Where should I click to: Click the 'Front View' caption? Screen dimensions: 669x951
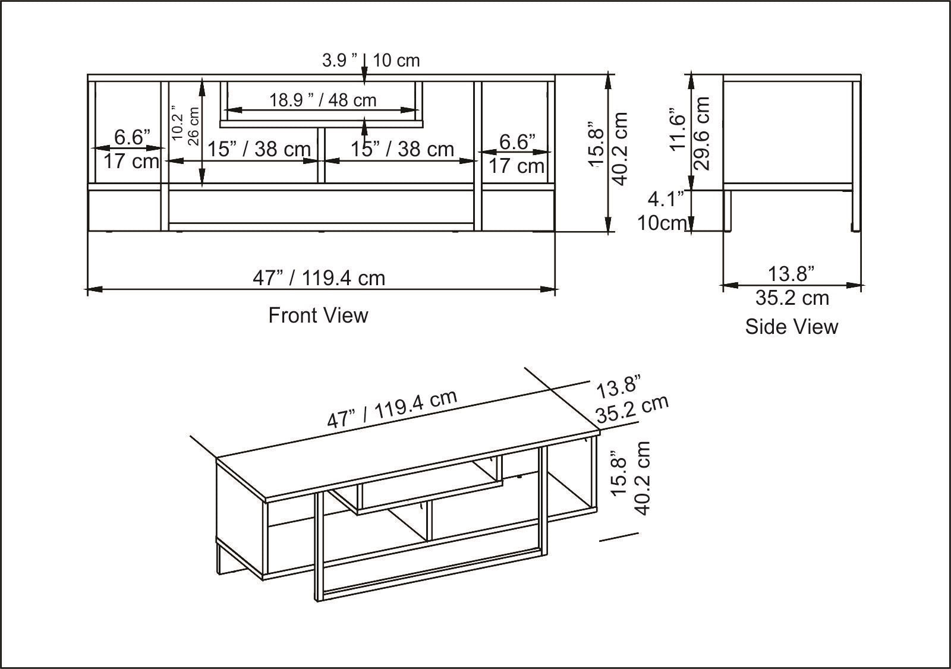point(318,315)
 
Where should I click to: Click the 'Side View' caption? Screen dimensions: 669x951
point(791,327)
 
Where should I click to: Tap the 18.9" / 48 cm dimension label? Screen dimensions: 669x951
point(323,100)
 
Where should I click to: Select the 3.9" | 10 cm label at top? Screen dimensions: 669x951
point(370,60)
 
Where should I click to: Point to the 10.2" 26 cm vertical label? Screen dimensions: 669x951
point(185,125)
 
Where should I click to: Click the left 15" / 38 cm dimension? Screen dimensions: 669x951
point(259,149)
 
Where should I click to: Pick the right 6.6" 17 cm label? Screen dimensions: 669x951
point(517,154)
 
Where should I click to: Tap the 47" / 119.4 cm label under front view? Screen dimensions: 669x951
point(319,277)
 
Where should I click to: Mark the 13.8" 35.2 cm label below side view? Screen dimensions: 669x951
point(791,286)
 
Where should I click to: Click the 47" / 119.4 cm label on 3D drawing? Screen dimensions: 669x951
point(392,409)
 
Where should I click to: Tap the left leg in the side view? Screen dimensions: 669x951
point(728,211)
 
